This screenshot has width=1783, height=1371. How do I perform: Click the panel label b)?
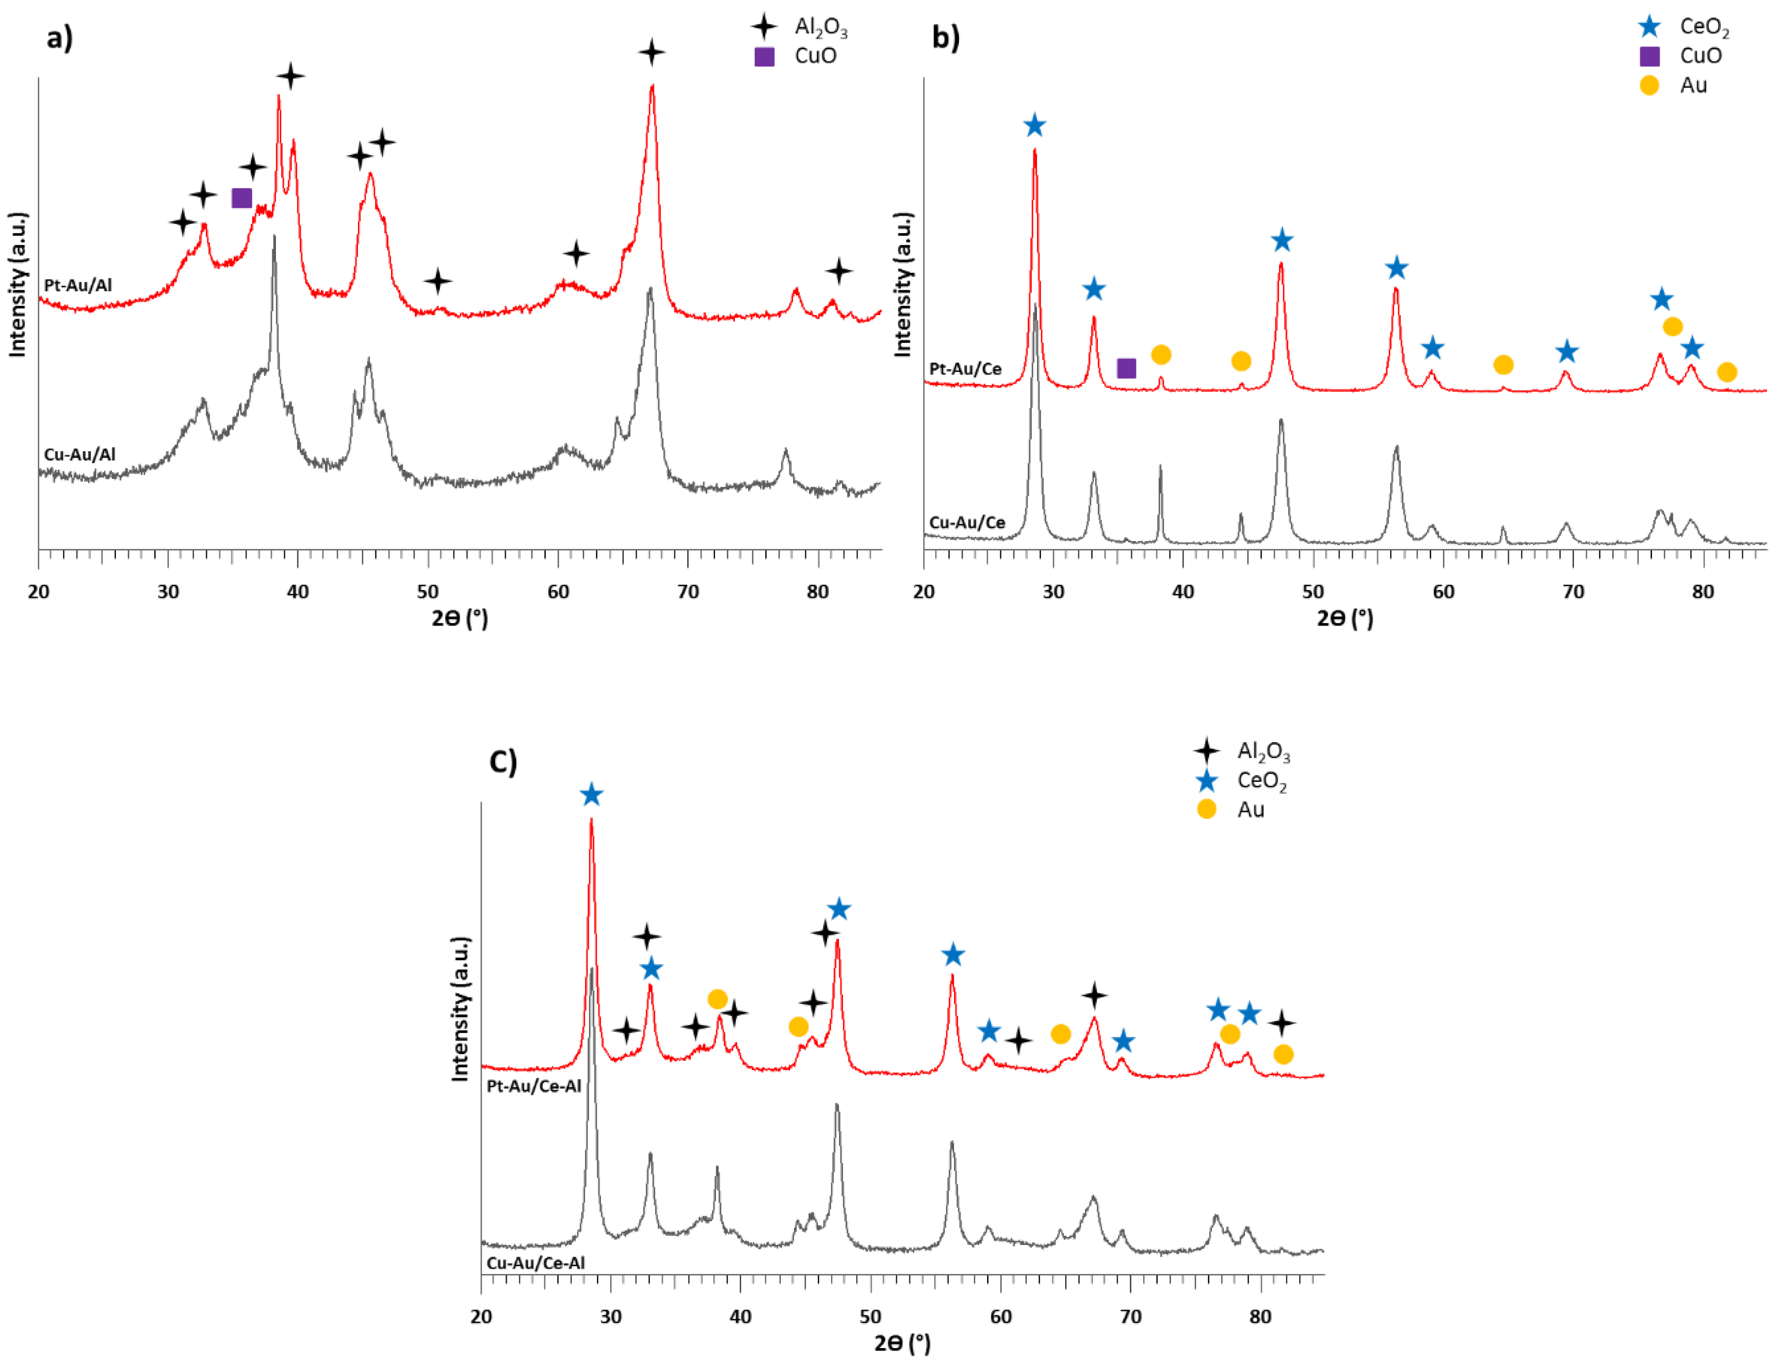click(x=945, y=37)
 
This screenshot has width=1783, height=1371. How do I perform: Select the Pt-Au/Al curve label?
click(x=78, y=285)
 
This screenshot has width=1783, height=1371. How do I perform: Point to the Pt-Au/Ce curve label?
click(x=965, y=369)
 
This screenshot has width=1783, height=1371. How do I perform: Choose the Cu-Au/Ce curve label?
click(x=967, y=522)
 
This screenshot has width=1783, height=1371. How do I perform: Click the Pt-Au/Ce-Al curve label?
click(x=534, y=1086)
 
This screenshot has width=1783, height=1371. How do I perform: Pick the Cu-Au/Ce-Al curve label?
click(x=535, y=1262)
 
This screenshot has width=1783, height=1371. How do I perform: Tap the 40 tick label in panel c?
click(x=741, y=1316)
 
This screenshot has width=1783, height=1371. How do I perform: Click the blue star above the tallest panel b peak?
click(x=1035, y=126)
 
